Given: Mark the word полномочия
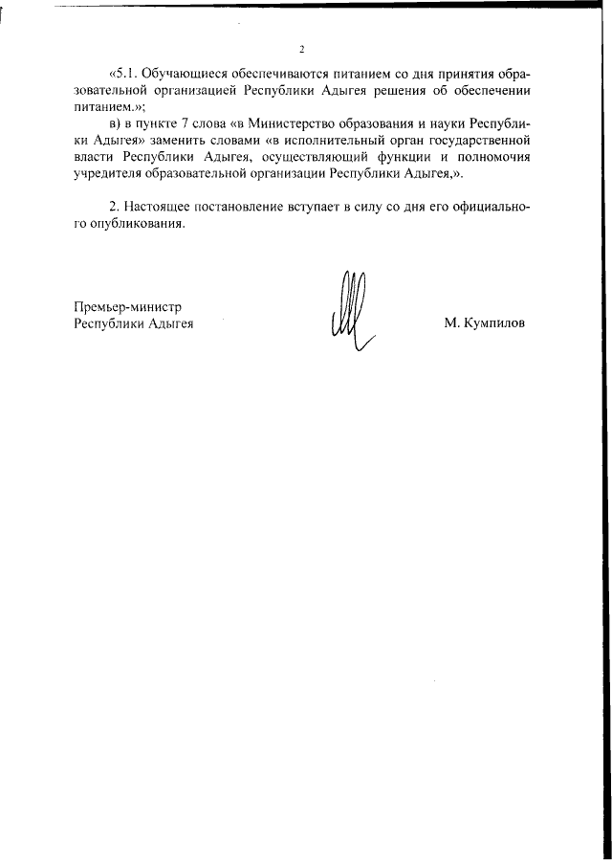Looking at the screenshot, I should click(491, 160).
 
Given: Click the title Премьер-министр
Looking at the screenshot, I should click(127, 306).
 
